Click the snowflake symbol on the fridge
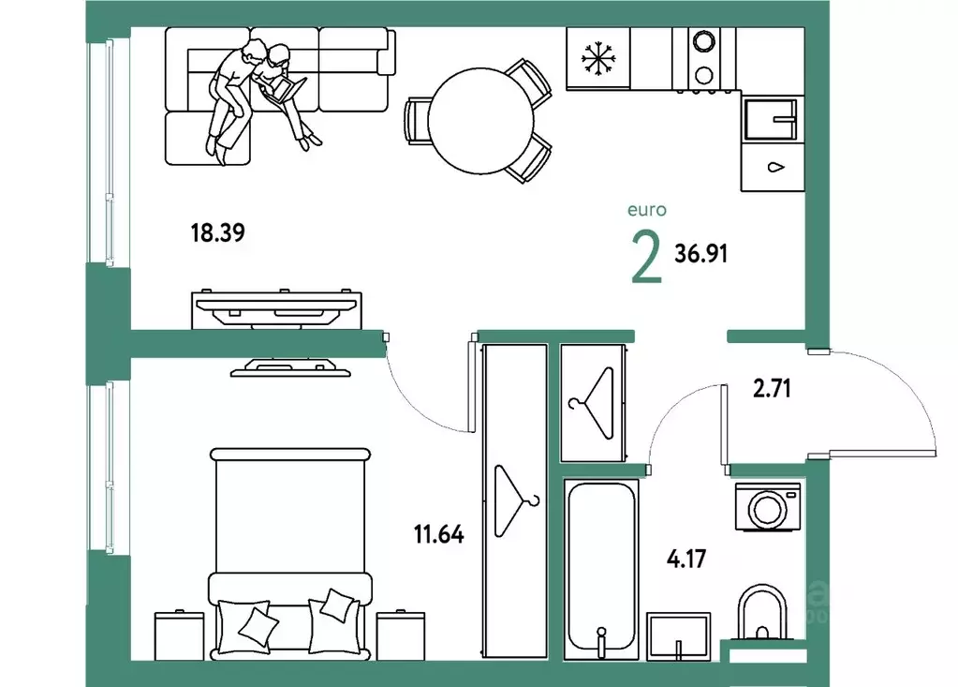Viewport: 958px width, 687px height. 598,59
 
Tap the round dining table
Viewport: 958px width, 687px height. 480,120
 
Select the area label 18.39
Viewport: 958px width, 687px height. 217,232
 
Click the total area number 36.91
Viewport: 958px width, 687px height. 700,253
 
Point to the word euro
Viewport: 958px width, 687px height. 647,210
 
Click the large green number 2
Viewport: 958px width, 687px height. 646,258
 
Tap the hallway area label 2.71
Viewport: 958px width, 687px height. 772,389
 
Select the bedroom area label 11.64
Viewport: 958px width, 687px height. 438,535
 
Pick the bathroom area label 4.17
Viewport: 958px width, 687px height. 686,559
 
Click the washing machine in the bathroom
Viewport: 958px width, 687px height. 768,507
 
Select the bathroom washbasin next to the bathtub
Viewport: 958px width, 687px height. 679,636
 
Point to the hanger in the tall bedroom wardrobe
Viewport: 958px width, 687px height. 516,501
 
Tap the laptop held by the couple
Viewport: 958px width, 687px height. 283,89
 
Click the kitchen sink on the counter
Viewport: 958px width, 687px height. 771,119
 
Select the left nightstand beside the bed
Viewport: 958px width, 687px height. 179,635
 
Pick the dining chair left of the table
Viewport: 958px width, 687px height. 418,121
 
